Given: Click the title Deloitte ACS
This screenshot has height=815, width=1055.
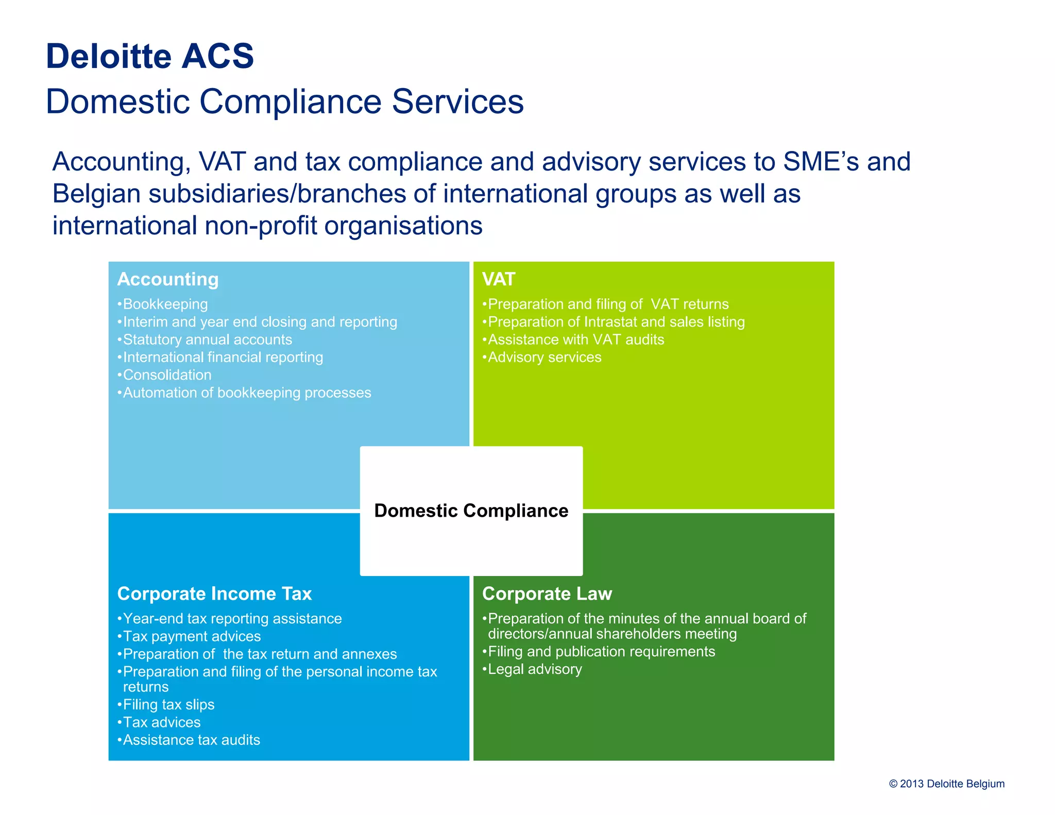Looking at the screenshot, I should [x=150, y=56].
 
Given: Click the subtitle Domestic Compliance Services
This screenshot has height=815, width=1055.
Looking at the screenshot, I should [x=284, y=101].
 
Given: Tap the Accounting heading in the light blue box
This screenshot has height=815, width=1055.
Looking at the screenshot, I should [x=168, y=279].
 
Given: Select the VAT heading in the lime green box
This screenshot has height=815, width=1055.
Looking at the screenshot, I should [x=498, y=279].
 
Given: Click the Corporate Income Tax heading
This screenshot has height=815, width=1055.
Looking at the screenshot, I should [x=214, y=594].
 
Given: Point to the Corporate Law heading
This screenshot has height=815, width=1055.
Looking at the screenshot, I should [x=547, y=594].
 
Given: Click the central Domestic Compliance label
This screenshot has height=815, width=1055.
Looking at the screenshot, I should [x=471, y=511].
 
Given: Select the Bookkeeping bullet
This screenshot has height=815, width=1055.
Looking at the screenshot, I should [x=165, y=304].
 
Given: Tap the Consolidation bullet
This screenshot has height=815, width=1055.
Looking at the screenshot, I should [x=167, y=375].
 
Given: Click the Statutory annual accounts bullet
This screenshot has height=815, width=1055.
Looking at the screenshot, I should [x=207, y=339].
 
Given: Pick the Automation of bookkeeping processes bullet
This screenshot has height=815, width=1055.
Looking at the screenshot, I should [x=247, y=393].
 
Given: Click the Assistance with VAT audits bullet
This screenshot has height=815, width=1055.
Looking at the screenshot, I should [x=575, y=339].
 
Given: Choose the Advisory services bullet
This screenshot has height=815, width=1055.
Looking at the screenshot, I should [x=544, y=357].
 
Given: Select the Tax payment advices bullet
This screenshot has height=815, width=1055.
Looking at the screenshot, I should [x=192, y=636].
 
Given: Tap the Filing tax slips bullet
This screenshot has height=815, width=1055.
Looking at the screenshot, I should [x=168, y=704].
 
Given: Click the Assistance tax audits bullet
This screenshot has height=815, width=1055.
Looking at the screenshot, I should [x=191, y=740].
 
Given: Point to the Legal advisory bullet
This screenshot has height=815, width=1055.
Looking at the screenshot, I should [x=534, y=669].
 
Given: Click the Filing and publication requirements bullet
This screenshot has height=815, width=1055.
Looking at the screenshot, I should [x=601, y=652].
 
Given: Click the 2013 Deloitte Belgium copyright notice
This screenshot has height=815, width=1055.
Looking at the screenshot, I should [x=946, y=784].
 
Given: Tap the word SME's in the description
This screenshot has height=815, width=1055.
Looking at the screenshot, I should [x=821, y=162].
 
